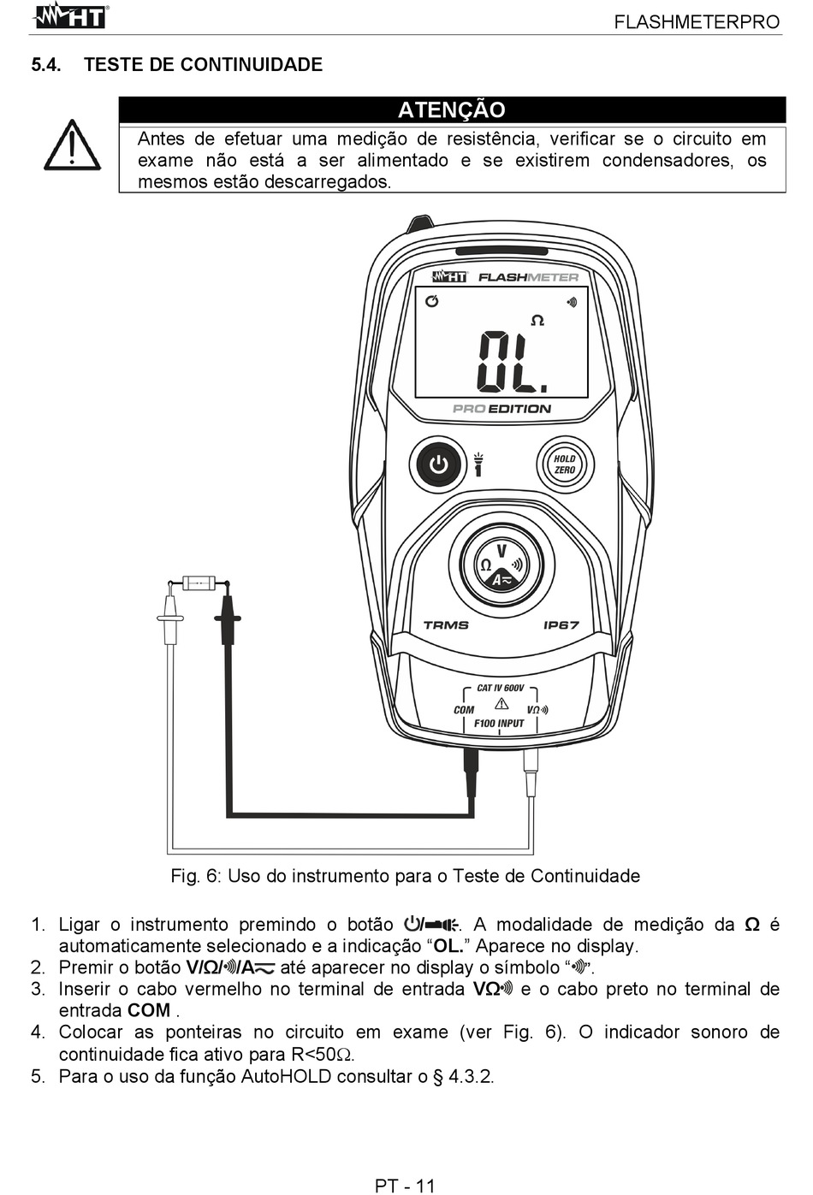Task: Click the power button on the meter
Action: (x=439, y=464)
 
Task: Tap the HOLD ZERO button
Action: (x=565, y=464)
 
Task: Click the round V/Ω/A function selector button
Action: (x=501, y=565)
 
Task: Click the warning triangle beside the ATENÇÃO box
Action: (x=72, y=145)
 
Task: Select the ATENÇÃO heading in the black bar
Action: (x=452, y=109)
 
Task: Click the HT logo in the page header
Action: (x=69, y=16)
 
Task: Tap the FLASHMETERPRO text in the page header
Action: (x=697, y=22)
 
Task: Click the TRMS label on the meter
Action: (x=446, y=625)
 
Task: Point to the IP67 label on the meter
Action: (x=561, y=625)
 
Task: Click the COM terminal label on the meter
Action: (x=464, y=710)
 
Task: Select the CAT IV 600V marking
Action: (x=501, y=688)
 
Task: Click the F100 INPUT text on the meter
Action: (x=499, y=724)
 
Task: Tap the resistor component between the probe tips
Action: (x=199, y=583)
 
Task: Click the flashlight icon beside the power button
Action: (x=478, y=464)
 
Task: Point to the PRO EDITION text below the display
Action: (x=501, y=409)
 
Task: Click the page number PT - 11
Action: (x=406, y=1186)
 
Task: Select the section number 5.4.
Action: (x=46, y=65)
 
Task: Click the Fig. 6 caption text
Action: (x=406, y=876)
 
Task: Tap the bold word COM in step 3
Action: (x=149, y=1011)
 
